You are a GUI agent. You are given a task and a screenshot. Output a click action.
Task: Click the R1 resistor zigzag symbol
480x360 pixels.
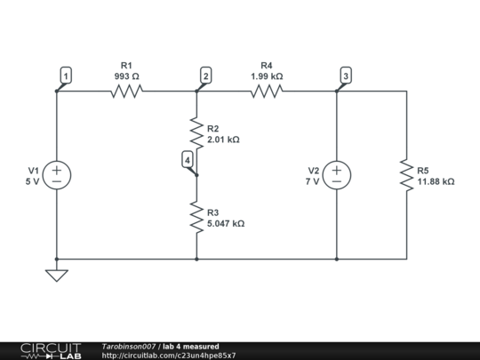click(126, 92)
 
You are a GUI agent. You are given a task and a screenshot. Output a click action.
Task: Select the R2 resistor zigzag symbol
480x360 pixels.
click(196, 133)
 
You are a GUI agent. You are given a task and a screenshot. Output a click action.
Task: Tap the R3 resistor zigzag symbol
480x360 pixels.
click(196, 217)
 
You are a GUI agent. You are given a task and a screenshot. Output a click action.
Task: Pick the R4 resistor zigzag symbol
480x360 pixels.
click(267, 92)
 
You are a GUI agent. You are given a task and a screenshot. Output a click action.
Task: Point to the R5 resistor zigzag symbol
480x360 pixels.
click(407, 175)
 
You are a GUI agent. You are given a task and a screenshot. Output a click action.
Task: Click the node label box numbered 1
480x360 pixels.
click(66, 76)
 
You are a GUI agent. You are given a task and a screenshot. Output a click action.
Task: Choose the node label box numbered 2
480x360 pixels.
click(206, 76)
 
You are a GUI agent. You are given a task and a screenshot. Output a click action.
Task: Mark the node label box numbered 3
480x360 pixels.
click(346, 76)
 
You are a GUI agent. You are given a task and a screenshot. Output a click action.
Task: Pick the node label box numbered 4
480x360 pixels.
click(188, 159)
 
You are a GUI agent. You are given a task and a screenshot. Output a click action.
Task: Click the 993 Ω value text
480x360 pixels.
click(127, 76)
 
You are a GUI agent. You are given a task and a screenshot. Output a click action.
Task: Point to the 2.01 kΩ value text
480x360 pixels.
click(223, 140)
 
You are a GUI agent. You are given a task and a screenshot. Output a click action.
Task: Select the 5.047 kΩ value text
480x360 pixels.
click(226, 223)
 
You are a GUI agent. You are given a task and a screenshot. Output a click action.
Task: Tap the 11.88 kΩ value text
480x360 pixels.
click(436, 181)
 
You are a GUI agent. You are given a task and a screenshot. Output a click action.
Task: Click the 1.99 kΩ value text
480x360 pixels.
click(267, 76)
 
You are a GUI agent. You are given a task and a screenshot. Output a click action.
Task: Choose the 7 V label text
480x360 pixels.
click(312, 181)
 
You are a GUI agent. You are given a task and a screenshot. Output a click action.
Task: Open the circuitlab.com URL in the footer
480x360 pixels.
click(169, 356)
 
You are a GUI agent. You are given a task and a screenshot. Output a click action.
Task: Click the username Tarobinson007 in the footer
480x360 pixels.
click(129, 347)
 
